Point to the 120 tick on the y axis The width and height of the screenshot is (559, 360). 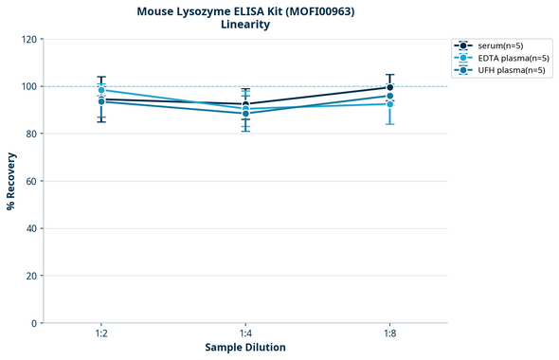point(28,39)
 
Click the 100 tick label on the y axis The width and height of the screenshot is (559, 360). point(28,86)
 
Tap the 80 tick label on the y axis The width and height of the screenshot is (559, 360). point(31,134)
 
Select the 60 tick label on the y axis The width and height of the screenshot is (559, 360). point(31,181)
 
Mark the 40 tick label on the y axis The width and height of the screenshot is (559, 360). point(31,228)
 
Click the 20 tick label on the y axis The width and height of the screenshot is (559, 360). point(31,276)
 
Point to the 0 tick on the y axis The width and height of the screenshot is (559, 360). point(34,323)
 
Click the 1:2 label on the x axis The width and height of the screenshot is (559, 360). point(100,334)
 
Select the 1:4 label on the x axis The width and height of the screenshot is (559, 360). point(245,334)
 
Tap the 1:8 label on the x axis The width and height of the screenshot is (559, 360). point(389,334)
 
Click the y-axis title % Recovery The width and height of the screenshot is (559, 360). point(11,180)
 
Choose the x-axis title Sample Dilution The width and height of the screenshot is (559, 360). point(245,348)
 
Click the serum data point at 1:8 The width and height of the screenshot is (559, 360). point(389,87)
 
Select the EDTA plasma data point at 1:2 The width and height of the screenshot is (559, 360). point(100,90)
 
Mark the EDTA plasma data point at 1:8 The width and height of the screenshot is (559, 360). point(389,103)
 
